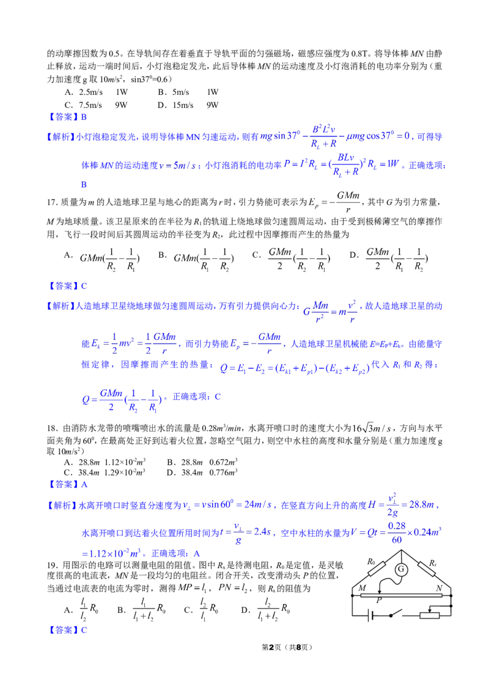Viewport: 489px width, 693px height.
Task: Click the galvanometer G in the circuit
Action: pos(401,569)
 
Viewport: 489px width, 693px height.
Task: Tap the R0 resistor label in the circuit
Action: pos(371,562)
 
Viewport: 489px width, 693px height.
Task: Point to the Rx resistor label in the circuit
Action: pos(433,563)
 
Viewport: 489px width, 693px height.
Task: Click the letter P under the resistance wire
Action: pos(378,601)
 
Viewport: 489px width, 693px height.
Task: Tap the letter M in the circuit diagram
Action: pos(362,588)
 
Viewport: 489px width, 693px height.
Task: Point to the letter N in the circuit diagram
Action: pos(439,588)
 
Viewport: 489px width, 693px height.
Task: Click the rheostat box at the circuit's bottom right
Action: pos(430,615)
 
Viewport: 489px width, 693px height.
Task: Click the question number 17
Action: pos(51,202)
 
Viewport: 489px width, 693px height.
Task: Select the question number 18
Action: pos(51,428)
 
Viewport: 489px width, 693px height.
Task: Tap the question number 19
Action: pos(51,565)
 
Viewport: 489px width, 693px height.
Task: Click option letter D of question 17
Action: pos(353,255)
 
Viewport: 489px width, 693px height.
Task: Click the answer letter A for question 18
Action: pos(84,484)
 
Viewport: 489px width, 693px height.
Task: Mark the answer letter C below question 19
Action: pos(84,630)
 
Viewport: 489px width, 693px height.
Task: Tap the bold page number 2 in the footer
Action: pos(271,647)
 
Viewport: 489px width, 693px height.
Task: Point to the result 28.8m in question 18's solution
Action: pos(422,504)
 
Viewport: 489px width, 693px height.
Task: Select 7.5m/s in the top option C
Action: pos(90,105)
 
